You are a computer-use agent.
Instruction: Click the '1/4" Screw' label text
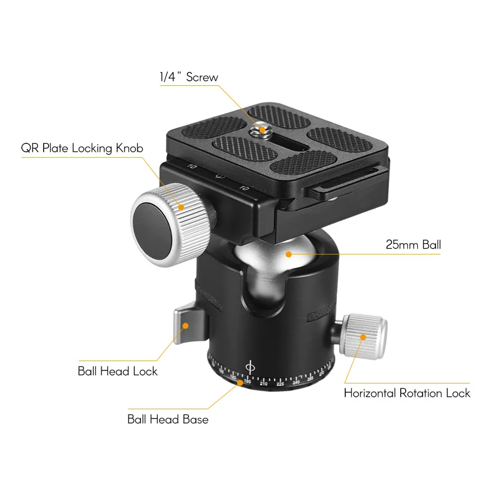pyautogui.click(x=189, y=77)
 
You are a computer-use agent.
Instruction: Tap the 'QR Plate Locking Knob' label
pyautogui.click(x=82, y=148)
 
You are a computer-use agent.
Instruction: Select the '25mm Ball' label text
pyautogui.click(x=413, y=245)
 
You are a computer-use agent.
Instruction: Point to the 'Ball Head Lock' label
pyautogui.click(x=118, y=371)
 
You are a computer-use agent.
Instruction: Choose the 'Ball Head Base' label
pyautogui.click(x=168, y=419)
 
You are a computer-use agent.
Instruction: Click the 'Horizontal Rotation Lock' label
pyautogui.click(x=407, y=393)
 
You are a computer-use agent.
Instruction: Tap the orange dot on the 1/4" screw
pyautogui.click(x=262, y=129)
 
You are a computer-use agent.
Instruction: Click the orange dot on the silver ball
pyautogui.click(x=289, y=254)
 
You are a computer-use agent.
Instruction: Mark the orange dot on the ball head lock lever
pyautogui.click(x=186, y=325)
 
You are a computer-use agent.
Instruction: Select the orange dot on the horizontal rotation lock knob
pyautogui.click(x=363, y=337)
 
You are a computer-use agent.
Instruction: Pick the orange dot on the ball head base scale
pyautogui.click(x=240, y=383)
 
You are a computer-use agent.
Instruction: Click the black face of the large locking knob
pyautogui.click(x=154, y=231)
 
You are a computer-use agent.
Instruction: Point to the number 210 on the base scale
pyautogui.click(x=263, y=384)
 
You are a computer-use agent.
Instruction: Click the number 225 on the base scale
pyautogui.click(x=280, y=384)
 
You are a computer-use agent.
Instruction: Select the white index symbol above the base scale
pyautogui.click(x=250, y=368)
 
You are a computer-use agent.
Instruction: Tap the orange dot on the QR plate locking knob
pyautogui.click(x=181, y=207)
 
